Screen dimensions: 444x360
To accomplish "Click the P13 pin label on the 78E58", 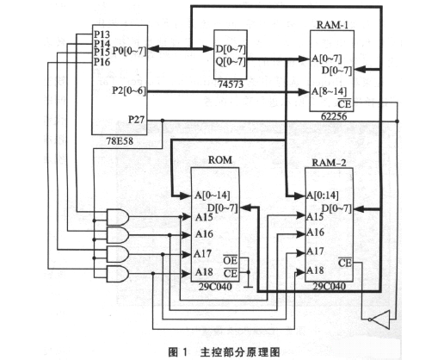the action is coord(102,34).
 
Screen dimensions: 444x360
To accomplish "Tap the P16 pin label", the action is coord(102,62).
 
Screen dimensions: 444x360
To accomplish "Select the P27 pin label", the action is coord(136,120).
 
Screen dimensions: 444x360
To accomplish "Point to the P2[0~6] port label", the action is coord(129,90).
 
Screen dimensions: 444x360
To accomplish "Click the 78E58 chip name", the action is coord(120,141).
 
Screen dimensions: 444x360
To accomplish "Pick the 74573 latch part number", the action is coord(231,84).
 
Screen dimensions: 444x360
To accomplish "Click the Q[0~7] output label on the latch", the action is coord(231,61).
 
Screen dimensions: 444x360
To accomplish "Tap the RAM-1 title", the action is coord(332,25).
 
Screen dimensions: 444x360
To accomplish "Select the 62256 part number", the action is coord(334,116).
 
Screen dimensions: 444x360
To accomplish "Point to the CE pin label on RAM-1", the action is coord(344,103).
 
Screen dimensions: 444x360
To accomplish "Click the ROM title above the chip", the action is coord(220,160).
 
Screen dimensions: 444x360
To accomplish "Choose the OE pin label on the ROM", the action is coord(231,260).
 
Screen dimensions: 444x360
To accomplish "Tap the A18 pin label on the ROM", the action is coord(204,272).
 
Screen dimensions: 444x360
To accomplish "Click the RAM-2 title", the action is coord(329,163).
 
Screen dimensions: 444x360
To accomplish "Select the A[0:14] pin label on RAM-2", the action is coord(323,196).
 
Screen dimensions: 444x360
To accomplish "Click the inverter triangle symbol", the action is coord(379,320).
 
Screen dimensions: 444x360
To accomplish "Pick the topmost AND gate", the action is coord(118,217).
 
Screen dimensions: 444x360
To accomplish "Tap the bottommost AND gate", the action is coord(118,274).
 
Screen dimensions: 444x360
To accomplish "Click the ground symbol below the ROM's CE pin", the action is coord(248,287).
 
